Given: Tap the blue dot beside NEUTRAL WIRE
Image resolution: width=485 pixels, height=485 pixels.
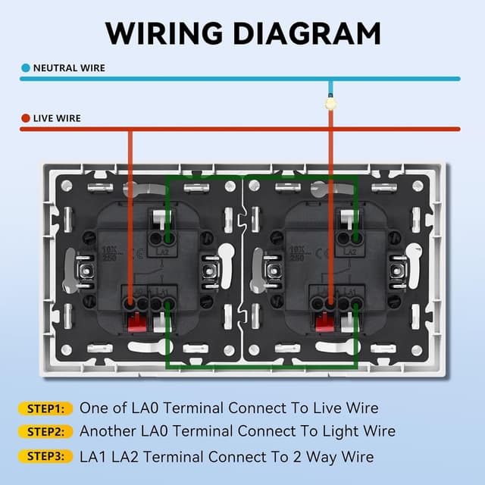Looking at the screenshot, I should point(25,68).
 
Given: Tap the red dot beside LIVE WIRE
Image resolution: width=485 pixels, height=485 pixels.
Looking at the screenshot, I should point(25,118).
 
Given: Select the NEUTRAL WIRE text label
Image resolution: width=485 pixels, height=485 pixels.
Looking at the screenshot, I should point(69,68).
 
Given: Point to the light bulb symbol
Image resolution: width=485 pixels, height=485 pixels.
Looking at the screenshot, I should point(330,102).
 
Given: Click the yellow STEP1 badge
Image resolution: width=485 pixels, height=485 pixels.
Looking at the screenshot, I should point(44,408).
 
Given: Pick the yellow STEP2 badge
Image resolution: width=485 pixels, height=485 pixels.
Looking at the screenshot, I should point(44,432).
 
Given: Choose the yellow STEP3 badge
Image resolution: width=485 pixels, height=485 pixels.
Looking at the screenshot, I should point(44,456).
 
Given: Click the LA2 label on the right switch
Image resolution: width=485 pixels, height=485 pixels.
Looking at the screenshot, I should point(350,251).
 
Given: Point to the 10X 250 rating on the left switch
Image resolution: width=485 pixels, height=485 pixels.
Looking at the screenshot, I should point(109,252).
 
